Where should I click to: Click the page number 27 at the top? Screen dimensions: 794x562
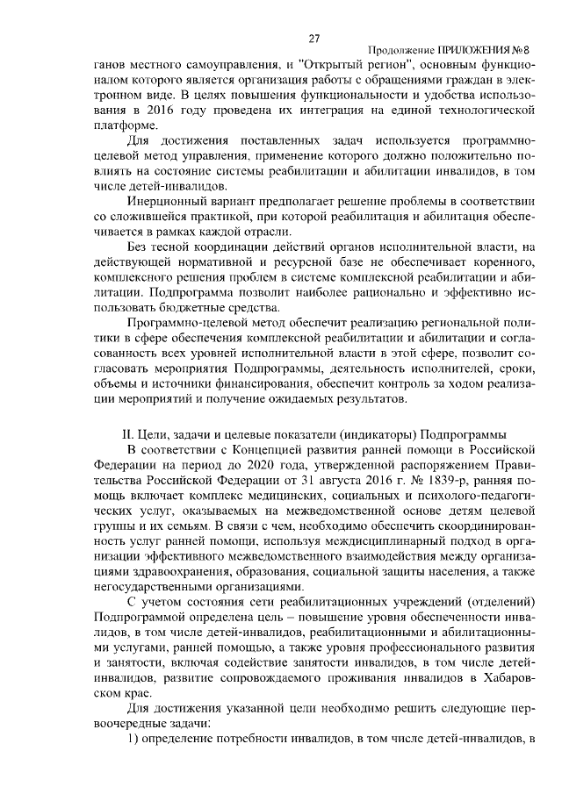pyautogui.click(x=313, y=38)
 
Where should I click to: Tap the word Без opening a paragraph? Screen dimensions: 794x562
pyautogui.click(x=138, y=248)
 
